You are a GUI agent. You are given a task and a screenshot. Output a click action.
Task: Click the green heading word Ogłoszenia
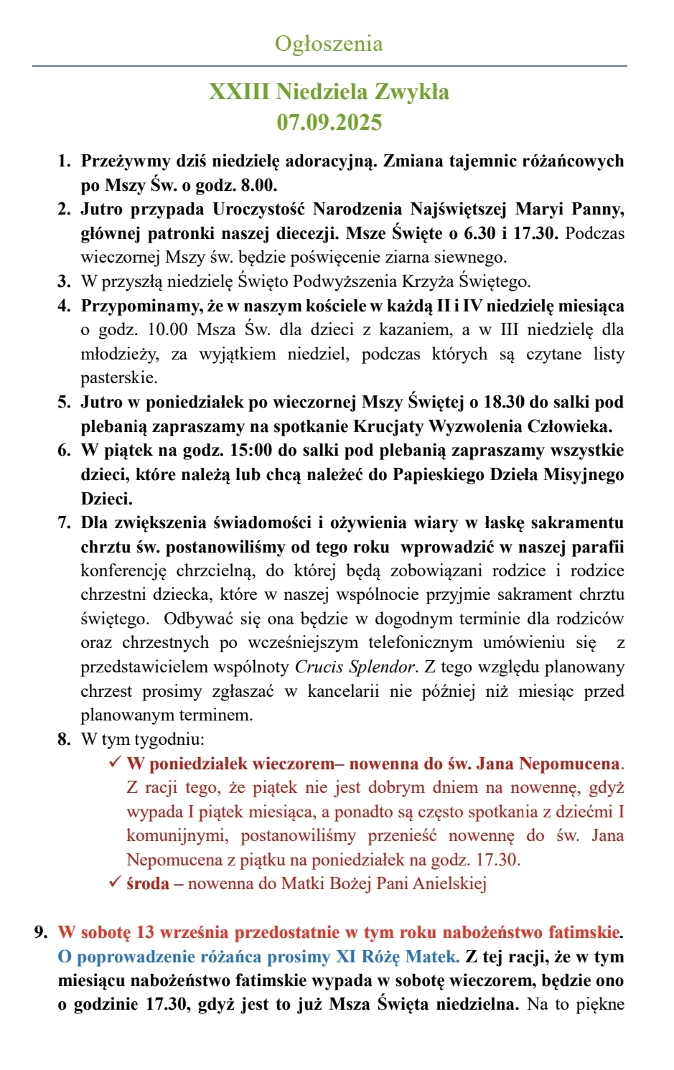pos(329,44)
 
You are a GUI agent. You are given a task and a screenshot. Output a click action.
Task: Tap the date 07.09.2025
pos(329,122)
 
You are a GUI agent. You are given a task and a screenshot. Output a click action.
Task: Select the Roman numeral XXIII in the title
pos(239,92)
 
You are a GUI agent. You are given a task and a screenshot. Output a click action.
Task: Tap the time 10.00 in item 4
pos(168,329)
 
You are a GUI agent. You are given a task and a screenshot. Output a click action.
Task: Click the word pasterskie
pos(118,377)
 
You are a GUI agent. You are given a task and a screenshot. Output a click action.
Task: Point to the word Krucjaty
pos(388,426)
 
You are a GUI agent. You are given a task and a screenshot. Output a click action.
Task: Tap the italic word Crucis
pos(319,667)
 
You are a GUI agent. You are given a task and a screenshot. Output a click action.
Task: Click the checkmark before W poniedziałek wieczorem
pos(115,763)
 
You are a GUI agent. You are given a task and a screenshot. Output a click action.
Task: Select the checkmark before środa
pos(115,883)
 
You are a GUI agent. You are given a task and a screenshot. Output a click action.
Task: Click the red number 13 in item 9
pos(145,932)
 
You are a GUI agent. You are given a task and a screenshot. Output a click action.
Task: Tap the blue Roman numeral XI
pos(347,957)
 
